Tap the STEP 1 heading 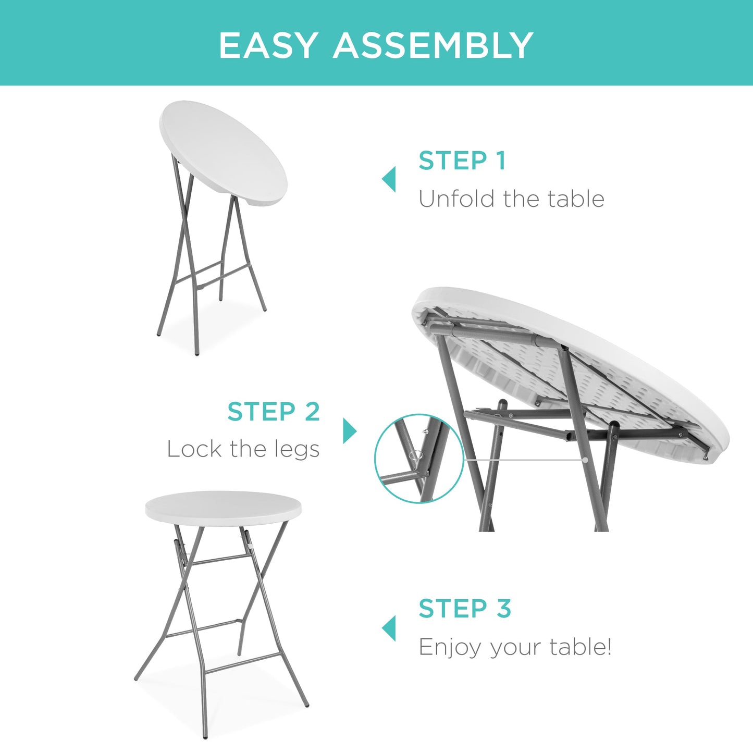point(462,161)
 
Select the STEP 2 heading point(274,412)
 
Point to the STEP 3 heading point(465,609)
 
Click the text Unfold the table point(511,199)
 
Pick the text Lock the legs point(243,449)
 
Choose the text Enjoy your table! point(515,647)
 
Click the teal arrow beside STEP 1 point(389,180)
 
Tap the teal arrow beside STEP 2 point(350,431)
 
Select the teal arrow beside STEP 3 point(389,628)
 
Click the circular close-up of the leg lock point(419,459)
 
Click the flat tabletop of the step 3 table point(223,505)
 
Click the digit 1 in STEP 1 point(501,161)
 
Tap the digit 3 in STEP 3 point(503,609)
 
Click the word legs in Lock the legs point(295,449)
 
